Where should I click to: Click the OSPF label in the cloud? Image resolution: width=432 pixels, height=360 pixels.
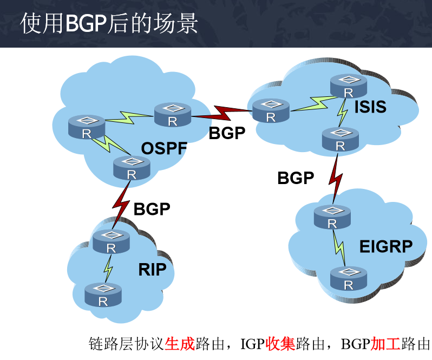coord(164,148)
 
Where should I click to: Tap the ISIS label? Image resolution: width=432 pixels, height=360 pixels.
coord(370,107)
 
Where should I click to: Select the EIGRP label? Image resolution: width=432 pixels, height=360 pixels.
coord(386,247)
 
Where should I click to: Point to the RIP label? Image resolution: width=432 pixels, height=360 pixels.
coord(152,269)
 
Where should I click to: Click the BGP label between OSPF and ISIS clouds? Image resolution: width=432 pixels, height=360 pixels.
coord(227,133)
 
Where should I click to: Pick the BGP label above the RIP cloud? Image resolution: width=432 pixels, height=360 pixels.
coord(152,208)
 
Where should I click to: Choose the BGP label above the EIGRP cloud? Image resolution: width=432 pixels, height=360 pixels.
coord(296,178)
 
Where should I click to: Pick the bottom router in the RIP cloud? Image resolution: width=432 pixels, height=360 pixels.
coord(103,294)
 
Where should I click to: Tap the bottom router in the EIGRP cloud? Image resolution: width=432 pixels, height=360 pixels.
coord(349,278)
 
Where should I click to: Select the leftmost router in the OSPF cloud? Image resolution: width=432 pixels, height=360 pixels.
coord(87,128)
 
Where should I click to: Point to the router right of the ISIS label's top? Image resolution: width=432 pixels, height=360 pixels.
coord(349,86)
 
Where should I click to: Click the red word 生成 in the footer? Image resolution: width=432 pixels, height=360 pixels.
coord(180,344)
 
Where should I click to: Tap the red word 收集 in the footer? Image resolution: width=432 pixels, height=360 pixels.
coord(280,344)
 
